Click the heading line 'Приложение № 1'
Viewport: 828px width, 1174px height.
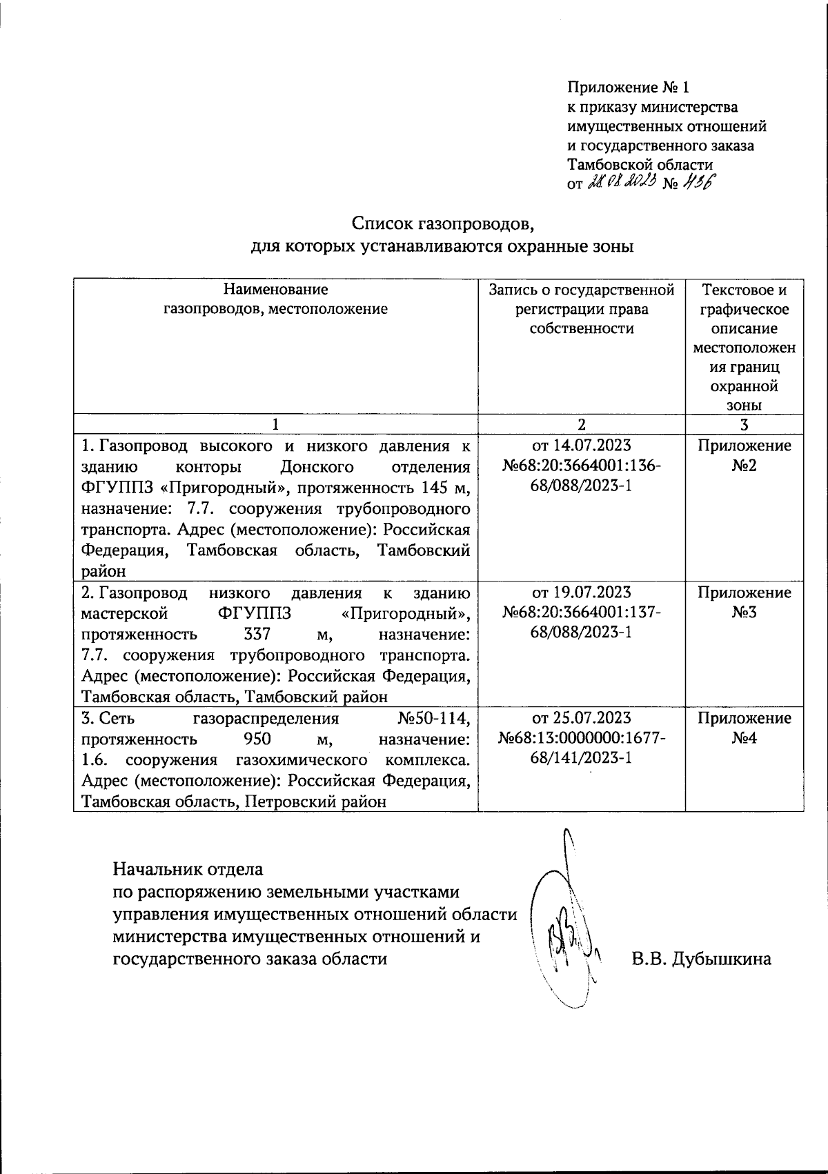(628, 88)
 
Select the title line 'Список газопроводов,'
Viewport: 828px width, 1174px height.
(443, 223)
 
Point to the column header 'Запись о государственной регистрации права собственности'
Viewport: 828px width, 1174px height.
(581, 309)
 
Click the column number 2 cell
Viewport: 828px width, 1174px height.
(582, 424)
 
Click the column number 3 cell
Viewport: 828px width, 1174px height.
(744, 424)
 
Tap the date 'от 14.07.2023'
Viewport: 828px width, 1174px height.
(582, 446)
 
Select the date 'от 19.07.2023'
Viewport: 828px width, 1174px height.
(582, 593)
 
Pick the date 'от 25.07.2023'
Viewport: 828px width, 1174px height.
(582, 718)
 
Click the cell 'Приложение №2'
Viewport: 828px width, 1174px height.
(744, 455)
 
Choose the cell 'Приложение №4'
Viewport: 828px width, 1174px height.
(744, 728)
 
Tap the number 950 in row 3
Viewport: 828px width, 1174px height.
(259, 739)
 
